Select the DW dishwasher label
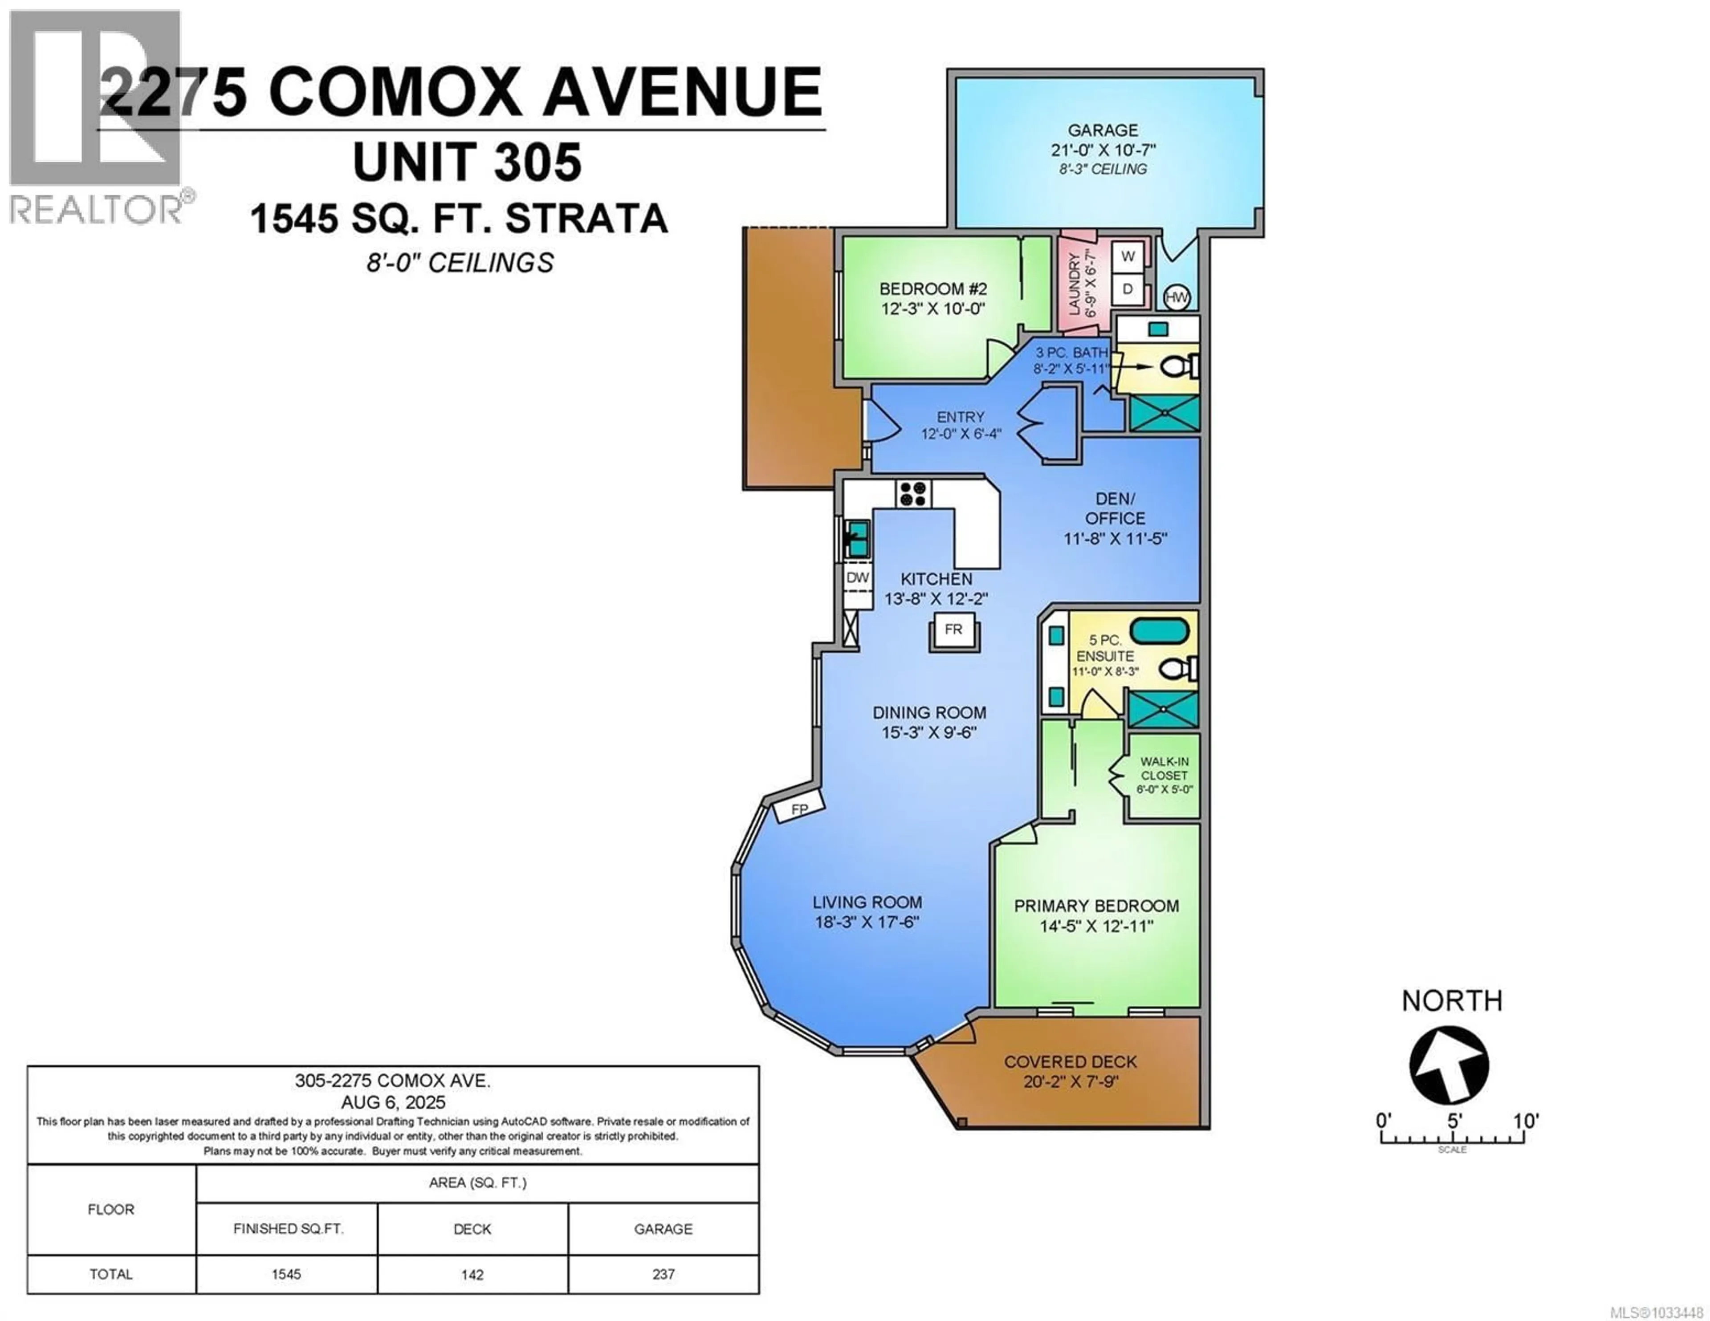(858, 578)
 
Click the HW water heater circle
(1177, 297)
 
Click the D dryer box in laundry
(1128, 289)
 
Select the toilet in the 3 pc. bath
(1177, 366)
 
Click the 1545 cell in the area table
(287, 1274)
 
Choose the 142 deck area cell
(472, 1274)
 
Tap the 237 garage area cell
(663, 1274)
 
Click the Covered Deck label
(1071, 1062)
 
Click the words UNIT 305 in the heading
(468, 163)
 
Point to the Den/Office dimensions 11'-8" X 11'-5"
(1115, 539)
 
